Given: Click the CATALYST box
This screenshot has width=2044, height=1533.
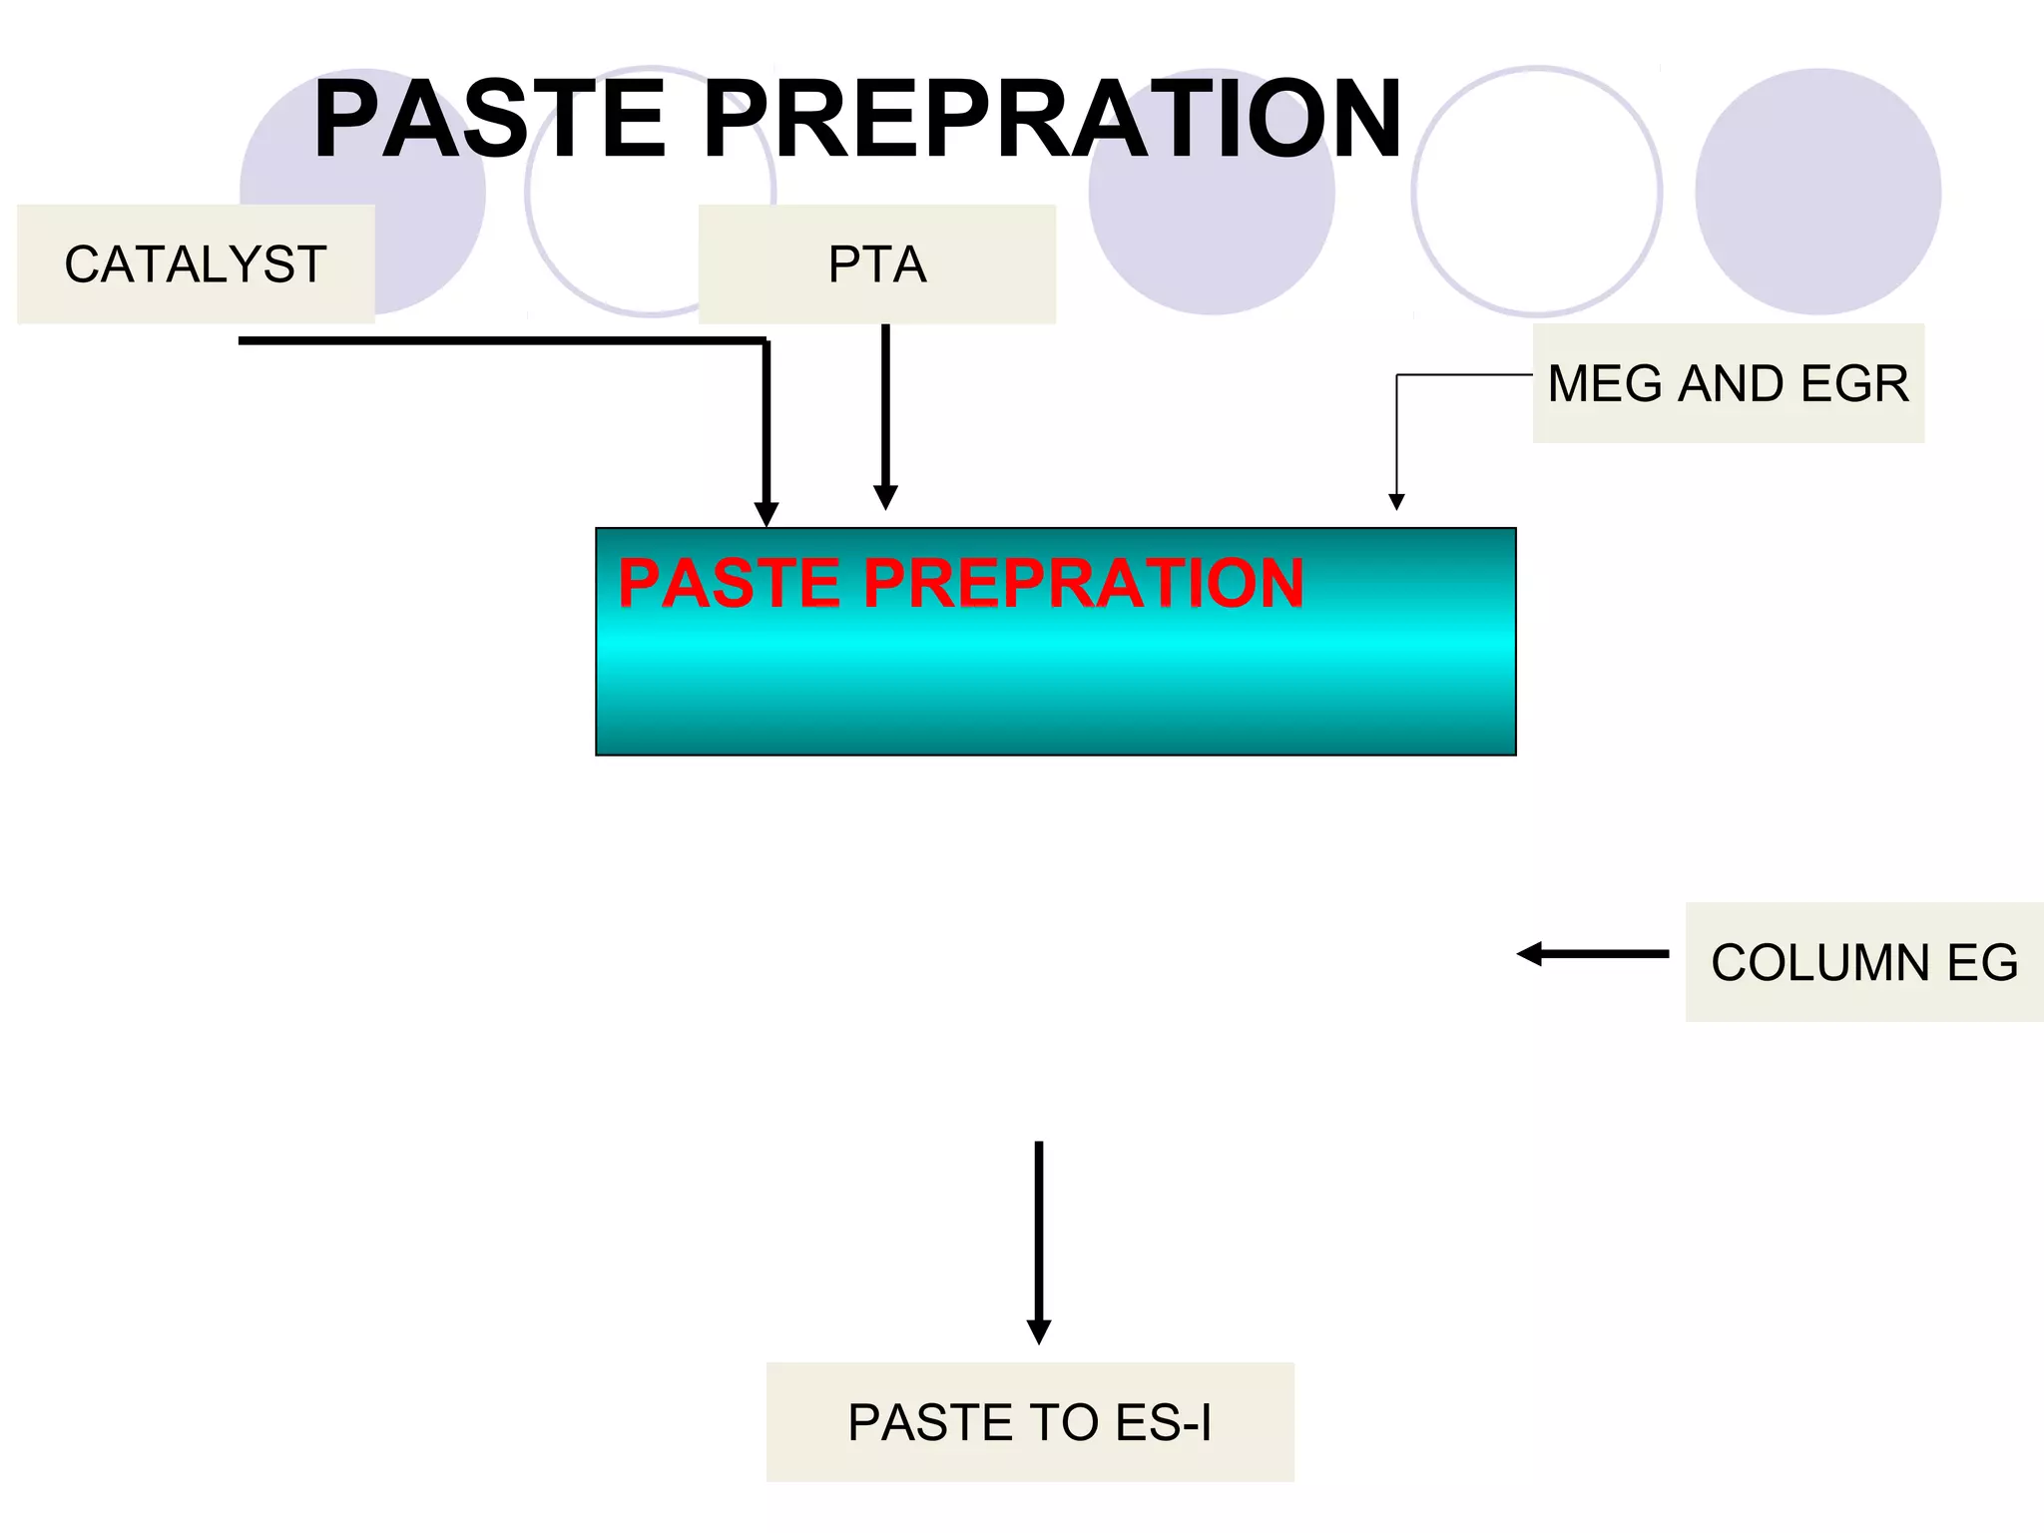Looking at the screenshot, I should pos(196,264).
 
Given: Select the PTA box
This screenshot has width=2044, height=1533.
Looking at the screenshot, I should pos(876,264).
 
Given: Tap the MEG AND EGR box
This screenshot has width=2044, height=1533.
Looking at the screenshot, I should pos(1728,383).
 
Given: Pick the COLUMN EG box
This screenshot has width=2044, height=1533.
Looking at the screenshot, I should pos(1863,962).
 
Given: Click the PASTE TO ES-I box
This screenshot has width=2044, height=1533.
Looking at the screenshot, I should pos(1030,1421).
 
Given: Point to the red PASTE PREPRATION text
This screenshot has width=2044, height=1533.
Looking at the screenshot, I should pos(960,583).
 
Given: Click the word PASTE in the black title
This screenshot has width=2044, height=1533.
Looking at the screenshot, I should pos(490,120).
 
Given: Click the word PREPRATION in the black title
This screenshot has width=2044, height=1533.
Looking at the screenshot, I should pos(1053,120).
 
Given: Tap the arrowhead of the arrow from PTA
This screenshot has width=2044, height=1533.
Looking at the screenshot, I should pos(885,497).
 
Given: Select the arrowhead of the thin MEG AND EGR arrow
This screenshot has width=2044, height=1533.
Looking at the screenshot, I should pos(1396,502).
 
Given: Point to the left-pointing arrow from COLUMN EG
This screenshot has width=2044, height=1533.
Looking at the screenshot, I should pos(1592,954).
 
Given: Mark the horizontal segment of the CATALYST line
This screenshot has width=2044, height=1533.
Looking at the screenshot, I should pos(499,341).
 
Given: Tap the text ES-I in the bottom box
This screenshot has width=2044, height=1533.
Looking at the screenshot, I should pos(1163,1421).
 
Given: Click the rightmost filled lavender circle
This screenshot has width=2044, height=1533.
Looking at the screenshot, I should pos(1817,192).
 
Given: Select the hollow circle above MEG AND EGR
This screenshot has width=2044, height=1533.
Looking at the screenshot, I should pos(1537,192).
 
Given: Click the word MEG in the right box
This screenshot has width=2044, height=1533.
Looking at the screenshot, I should pos(1607,383).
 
